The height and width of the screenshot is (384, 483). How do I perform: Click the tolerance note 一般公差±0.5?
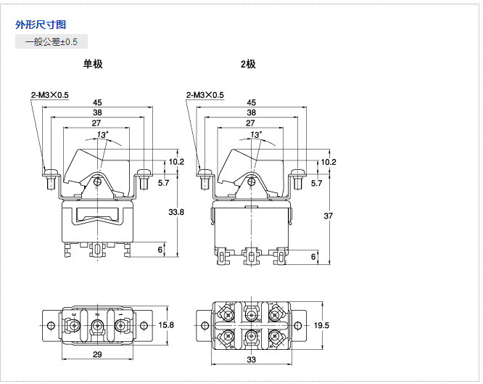coord(51,42)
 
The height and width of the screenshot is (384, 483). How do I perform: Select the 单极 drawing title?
coord(93,64)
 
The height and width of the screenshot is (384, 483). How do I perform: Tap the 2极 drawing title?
coord(248,64)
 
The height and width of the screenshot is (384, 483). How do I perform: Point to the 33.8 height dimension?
coord(176,212)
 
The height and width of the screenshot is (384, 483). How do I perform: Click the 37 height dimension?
coord(328,216)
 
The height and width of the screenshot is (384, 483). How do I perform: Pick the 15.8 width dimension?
coord(166,324)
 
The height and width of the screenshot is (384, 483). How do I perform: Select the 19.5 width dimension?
coord(322,324)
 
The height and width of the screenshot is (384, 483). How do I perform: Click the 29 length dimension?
coord(97,354)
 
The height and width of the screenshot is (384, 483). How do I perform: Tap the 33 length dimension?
coord(252,359)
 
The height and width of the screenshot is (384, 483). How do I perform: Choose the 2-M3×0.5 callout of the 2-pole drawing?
coord(205,95)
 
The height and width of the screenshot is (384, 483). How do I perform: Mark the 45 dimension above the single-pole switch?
coord(97,103)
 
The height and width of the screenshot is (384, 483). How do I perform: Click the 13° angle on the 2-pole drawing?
coord(255,134)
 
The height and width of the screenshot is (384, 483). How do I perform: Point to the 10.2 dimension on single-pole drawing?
coord(176,162)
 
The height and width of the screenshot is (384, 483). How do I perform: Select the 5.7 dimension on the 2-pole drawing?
coord(316,184)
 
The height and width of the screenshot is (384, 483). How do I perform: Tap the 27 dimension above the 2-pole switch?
coord(250,123)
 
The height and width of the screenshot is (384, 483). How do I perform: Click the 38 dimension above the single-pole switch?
coord(97,113)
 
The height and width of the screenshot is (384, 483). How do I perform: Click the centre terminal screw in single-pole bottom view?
coord(97,328)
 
